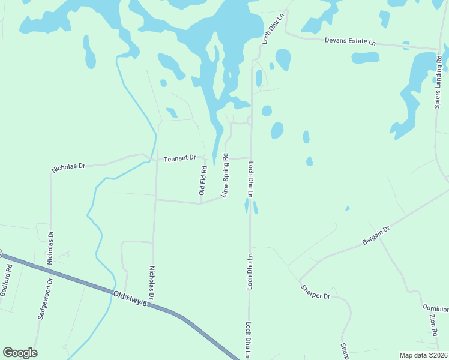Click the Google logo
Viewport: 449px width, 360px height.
[20, 353]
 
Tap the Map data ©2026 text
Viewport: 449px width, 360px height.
[423, 355]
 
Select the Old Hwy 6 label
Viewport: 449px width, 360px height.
[129, 298]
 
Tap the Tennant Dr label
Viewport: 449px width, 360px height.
[180, 158]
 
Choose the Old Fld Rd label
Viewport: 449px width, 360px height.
[203, 181]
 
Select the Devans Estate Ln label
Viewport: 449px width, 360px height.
[350, 42]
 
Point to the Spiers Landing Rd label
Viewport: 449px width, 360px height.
[438, 82]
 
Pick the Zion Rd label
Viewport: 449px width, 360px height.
[433, 324]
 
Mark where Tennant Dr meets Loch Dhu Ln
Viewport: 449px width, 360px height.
[250, 158]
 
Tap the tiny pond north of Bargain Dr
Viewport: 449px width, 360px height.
[347, 209]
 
